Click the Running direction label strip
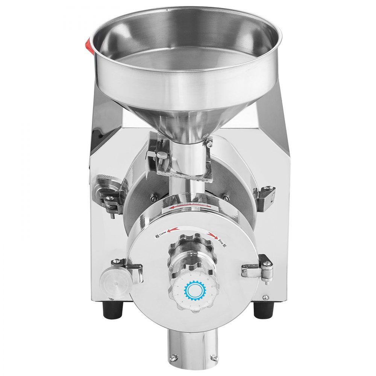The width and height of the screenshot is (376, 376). [x=190, y=205]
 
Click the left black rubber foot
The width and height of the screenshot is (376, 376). [x=114, y=309]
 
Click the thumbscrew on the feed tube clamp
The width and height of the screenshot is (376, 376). [x=162, y=154]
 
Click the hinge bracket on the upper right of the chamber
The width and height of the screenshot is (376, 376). [x=265, y=196]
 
